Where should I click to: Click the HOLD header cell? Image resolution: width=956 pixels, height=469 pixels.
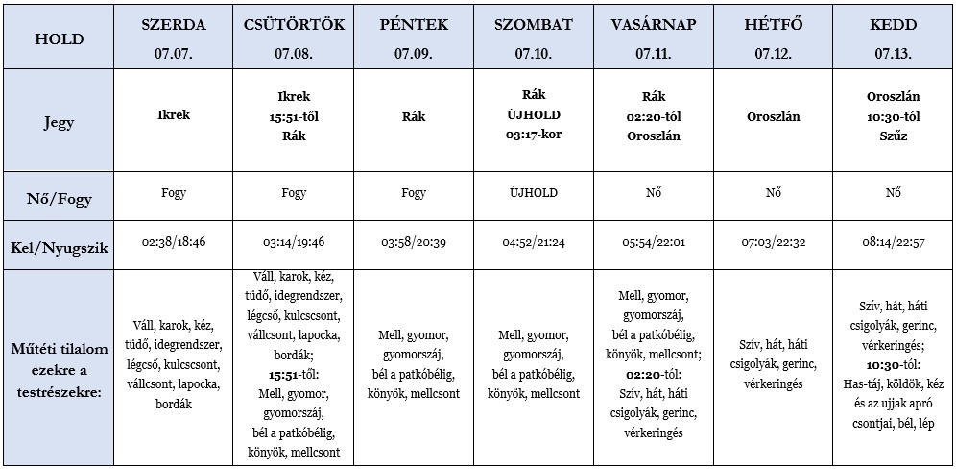point(59,39)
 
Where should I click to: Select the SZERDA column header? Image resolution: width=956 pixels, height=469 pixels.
point(173,24)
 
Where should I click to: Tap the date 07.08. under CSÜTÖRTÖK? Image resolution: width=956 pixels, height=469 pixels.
point(294,54)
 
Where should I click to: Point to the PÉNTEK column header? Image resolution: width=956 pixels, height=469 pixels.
point(414,24)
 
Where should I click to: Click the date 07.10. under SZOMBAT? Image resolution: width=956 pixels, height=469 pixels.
point(533,54)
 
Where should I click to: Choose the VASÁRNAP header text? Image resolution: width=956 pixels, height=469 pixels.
point(654,24)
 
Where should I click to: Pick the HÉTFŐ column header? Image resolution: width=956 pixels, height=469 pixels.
point(774,24)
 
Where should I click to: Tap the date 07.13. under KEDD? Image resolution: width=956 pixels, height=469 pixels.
point(893,54)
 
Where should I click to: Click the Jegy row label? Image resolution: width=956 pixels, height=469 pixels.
point(59,123)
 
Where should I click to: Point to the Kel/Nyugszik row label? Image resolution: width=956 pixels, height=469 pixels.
point(59,247)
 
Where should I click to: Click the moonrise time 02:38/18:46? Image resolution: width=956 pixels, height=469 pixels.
point(173,243)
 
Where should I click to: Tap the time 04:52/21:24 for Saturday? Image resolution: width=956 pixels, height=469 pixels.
point(533,243)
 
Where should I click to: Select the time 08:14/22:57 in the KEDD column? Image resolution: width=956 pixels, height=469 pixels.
point(893,243)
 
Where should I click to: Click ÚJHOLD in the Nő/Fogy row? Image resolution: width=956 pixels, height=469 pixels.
point(533,193)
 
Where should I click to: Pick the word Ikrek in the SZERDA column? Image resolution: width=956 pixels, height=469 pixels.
point(173,115)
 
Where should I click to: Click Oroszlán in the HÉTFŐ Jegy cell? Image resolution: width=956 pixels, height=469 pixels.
point(774,116)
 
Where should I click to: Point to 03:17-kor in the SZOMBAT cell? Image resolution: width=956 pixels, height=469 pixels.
point(533,135)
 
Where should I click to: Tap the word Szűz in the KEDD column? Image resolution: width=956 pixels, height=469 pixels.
point(893,136)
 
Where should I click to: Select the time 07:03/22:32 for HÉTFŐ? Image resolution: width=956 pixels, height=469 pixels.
point(774,243)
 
